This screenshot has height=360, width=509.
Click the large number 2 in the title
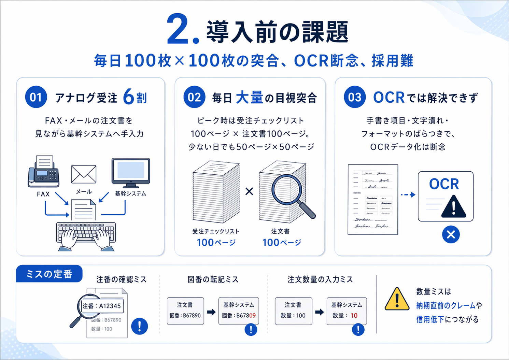(x=178, y=30)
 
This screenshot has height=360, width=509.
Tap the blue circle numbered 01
(x=36, y=97)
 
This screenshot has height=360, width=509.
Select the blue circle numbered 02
(x=194, y=97)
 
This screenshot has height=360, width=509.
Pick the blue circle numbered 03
(x=355, y=97)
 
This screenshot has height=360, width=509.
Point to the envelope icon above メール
(x=84, y=174)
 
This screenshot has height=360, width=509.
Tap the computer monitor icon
(x=131, y=172)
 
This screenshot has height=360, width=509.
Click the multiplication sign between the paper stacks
(x=249, y=191)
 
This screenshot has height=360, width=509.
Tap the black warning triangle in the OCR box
(x=453, y=207)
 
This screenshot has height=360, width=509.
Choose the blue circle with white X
(x=451, y=235)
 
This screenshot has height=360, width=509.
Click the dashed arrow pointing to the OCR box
(x=408, y=195)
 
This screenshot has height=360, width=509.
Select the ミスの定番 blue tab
(x=49, y=274)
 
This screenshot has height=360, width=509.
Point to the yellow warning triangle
(x=397, y=299)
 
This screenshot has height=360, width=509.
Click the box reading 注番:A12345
(x=101, y=306)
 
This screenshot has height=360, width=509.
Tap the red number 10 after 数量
(x=354, y=316)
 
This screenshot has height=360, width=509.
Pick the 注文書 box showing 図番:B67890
(x=185, y=311)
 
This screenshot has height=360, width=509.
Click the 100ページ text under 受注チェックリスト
(x=216, y=243)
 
